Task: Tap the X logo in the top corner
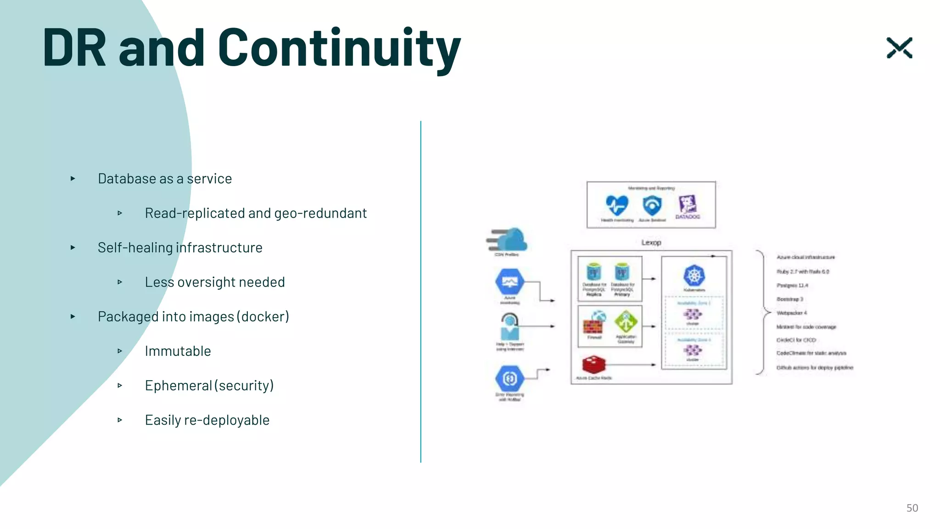coord(899,48)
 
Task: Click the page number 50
coord(912,508)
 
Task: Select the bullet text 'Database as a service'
coord(165,179)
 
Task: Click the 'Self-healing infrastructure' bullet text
coord(180,248)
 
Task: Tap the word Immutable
coord(178,351)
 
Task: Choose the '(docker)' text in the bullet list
coord(263,316)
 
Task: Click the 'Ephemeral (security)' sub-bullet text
coord(209,385)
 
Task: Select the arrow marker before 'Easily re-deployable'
coord(120,420)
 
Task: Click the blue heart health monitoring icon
coord(616,205)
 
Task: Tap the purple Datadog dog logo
coord(688,204)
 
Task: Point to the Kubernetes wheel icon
coord(694,276)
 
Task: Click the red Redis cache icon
coord(593,365)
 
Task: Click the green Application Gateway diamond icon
coord(626,322)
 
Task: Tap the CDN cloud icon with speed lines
coord(508,240)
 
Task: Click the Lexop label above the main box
coord(651,242)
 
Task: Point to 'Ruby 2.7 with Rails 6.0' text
coord(803,271)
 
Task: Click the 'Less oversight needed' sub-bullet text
coord(215,282)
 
